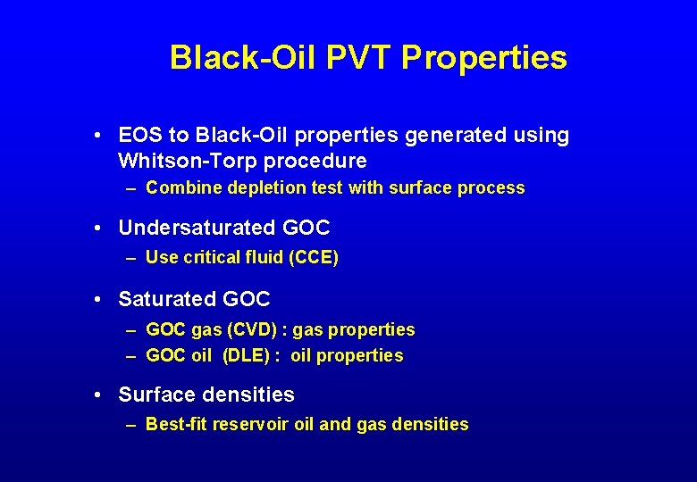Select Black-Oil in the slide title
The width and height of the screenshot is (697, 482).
[244, 58]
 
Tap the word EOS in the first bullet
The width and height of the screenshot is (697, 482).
[140, 136]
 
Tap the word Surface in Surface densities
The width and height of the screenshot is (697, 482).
[156, 395]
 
